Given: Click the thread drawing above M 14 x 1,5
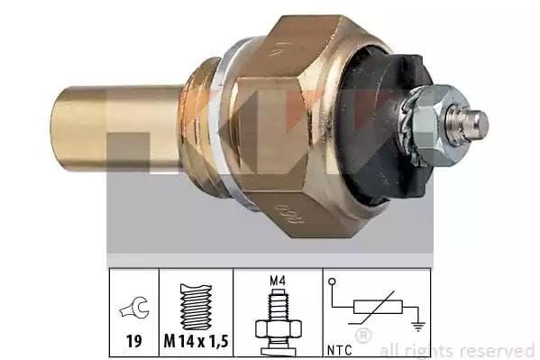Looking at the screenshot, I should point(196,308).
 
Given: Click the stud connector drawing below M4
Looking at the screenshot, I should point(277,320).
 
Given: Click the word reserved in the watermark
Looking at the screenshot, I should point(499,349).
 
